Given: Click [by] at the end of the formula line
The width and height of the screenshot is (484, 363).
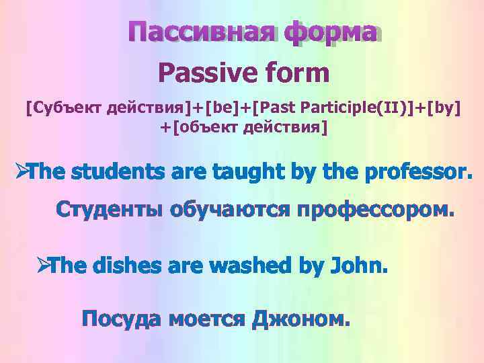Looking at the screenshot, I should click(445, 108).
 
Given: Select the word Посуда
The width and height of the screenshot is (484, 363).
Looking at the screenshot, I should click(121, 317).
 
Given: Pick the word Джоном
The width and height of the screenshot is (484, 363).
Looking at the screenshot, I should click(301, 317).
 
